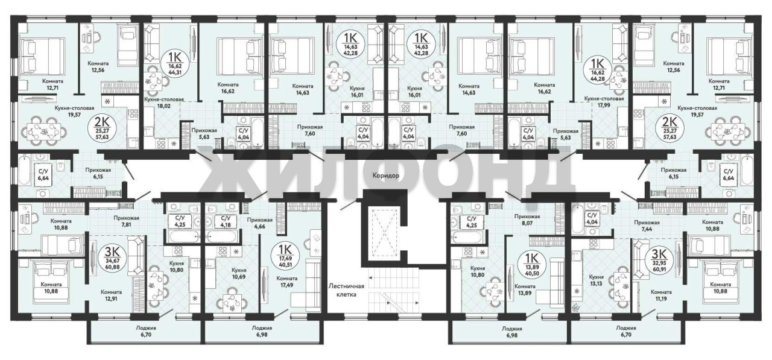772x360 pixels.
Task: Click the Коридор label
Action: tap(385, 175)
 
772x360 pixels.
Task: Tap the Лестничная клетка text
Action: tap(346, 290)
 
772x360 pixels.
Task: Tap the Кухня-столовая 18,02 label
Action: tap(163, 102)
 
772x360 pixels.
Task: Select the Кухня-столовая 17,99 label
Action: tap(604, 102)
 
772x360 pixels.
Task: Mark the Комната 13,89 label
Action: tap(525, 289)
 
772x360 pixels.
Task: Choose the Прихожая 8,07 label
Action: tap(527, 219)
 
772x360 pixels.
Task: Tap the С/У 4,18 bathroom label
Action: tap(226, 222)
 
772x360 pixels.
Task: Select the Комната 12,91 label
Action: tap(111, 295)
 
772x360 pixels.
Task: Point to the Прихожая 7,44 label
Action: tap(647, 226)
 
